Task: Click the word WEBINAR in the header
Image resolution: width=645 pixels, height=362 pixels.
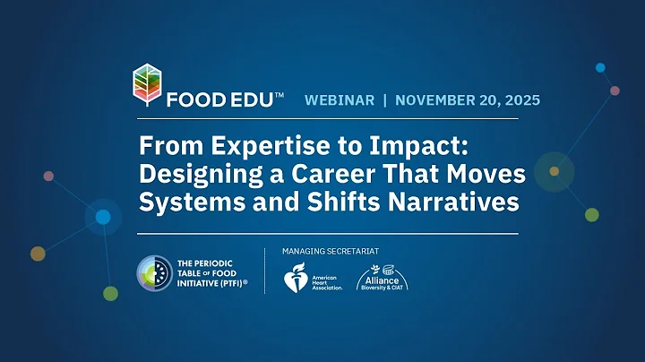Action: point(340,100)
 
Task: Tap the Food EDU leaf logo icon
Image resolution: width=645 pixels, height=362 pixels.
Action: point(148,87)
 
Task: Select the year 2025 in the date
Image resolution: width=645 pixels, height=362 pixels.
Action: point(520,100)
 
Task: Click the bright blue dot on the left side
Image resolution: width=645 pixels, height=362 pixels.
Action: point(103,217)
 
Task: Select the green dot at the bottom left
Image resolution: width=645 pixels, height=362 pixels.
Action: point(109,293)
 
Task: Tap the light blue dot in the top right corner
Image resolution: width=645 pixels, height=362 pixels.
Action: point(600,68)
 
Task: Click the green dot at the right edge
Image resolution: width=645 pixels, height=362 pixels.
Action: point(592,214)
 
